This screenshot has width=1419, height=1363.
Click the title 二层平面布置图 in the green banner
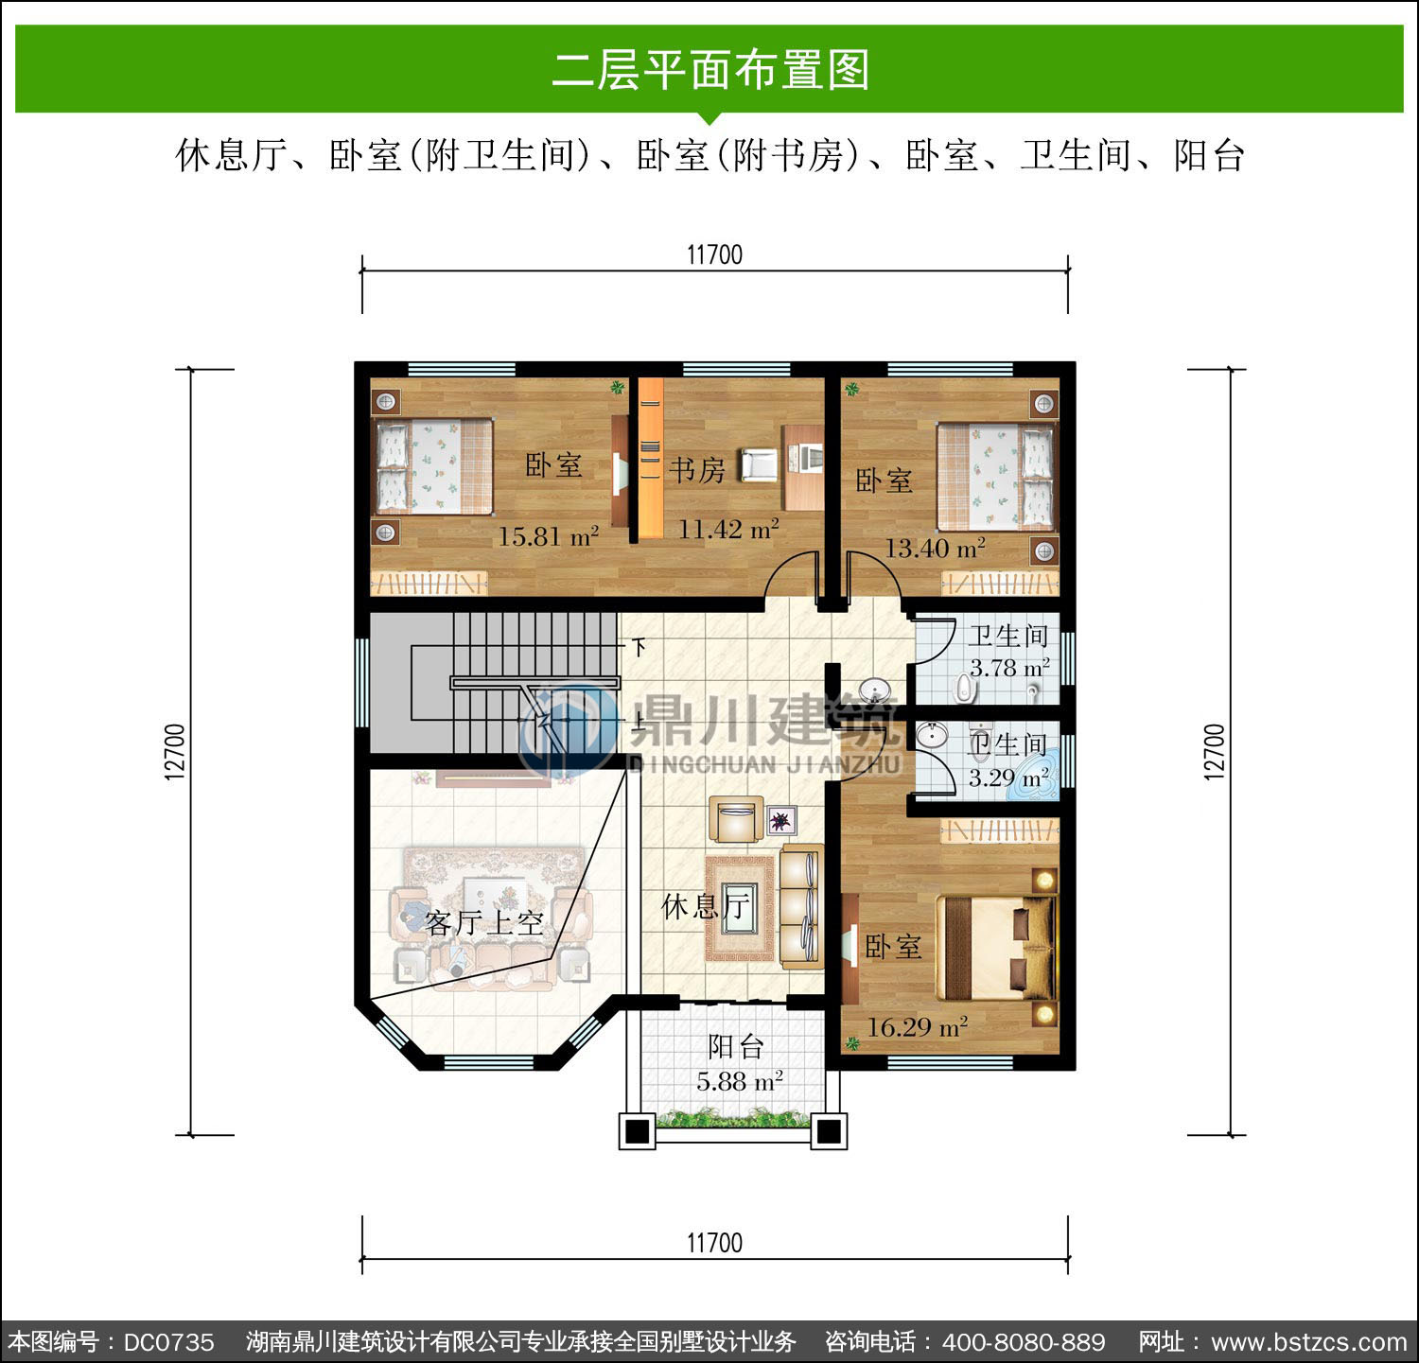(710, 70)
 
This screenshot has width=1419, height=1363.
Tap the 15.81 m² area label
(549, 537)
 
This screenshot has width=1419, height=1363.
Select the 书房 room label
(697, 469)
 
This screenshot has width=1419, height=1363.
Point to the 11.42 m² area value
(728, 530)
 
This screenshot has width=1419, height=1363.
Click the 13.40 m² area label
(935, 548)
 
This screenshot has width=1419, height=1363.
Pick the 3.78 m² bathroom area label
(1009, 668)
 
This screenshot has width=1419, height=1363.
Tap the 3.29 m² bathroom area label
(1008, 778)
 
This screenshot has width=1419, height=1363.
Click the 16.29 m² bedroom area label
(917, 1026)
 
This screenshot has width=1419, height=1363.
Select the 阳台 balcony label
(736, 1047)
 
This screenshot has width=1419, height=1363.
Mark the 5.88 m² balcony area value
(739, 1081)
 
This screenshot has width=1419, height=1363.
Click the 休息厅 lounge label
(706, 907)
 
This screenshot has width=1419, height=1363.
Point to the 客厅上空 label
(484, 922)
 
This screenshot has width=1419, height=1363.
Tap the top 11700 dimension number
(714, 254)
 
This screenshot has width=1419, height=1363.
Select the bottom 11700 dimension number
(714, 1243)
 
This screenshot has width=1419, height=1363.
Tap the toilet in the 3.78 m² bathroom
(964, 687)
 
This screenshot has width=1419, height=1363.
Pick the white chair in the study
(759, 463)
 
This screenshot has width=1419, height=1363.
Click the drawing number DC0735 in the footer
(169, 1341)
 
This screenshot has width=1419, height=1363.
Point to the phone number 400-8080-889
(1025, 1341)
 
